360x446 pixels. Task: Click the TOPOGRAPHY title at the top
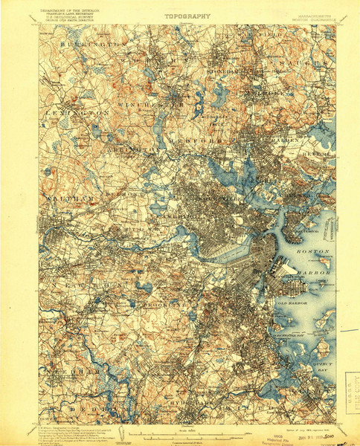pyautogui.click(x=187, y=16)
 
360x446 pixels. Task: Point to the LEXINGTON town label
pyautogui.click(x=67, y=112)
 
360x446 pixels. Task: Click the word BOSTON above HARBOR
pyautogui.click(x=312, y=253)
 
